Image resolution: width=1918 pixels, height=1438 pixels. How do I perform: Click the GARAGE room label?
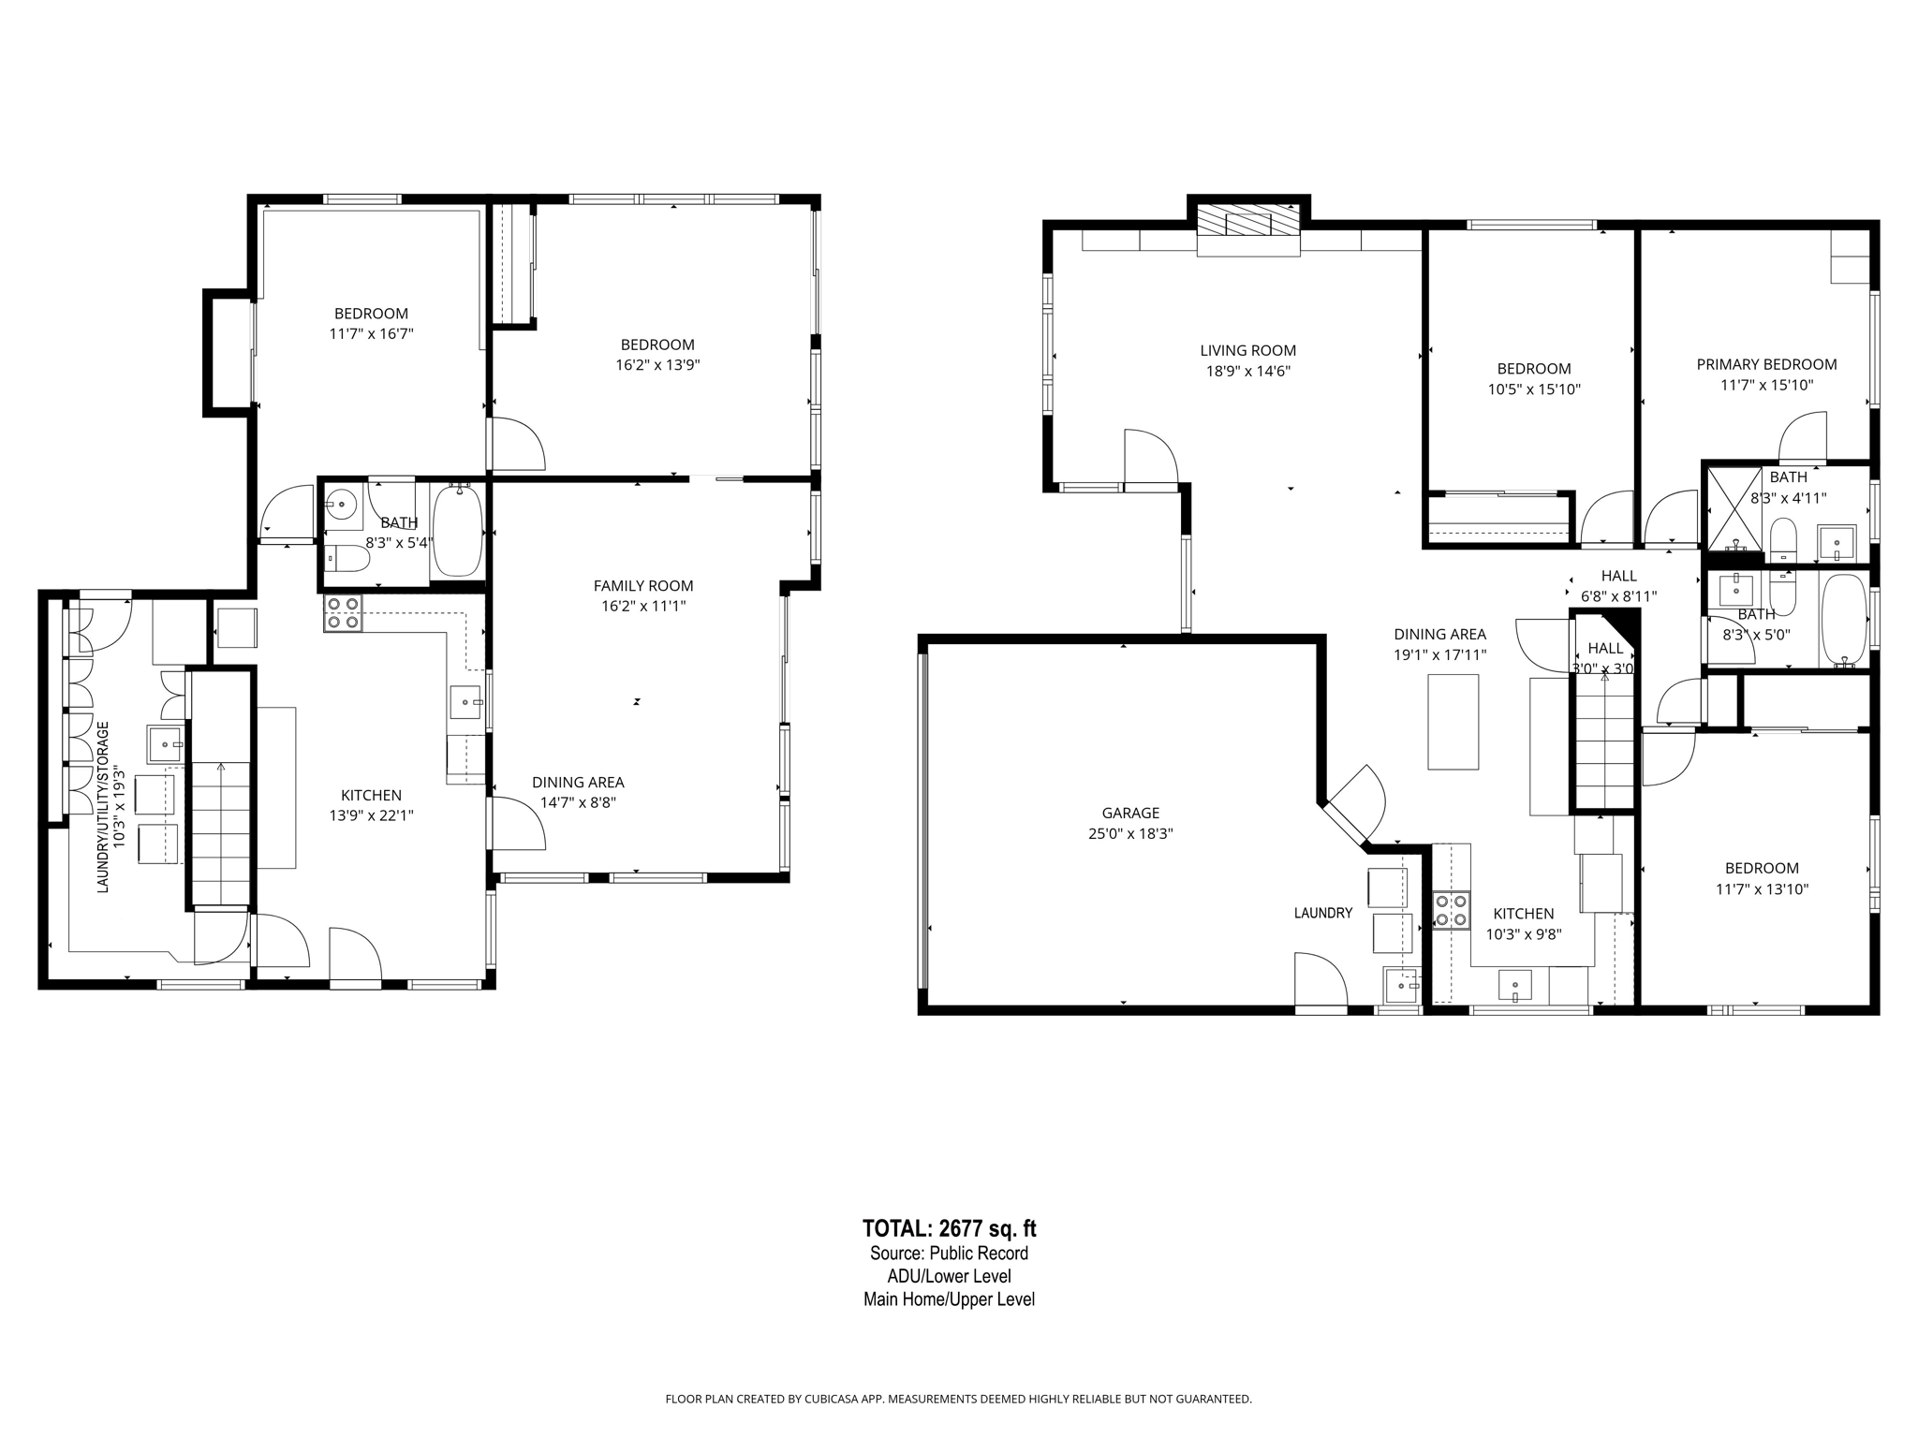1130,813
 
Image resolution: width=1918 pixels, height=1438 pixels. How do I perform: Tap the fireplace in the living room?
1248,223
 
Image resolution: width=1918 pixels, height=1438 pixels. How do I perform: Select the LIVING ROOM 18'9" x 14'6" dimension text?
1247,371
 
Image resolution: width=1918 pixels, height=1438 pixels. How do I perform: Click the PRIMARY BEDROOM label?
1766,364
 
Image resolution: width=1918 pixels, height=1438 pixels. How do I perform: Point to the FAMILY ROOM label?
643,586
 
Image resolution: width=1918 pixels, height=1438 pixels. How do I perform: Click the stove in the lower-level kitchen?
343,612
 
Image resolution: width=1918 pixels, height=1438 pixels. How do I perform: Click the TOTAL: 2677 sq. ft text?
949,1228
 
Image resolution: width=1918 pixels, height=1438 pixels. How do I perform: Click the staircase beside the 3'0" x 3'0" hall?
1605,740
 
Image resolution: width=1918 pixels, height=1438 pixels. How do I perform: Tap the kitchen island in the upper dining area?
1453,721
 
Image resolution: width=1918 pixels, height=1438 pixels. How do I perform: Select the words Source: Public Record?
949,1254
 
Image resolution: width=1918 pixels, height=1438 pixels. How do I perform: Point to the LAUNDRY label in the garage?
1322,913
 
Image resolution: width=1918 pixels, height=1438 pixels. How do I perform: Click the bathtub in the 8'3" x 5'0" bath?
1844,620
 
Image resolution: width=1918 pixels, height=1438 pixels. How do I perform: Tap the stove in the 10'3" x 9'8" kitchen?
1451,911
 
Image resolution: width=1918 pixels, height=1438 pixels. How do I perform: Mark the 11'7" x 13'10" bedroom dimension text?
1762,889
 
